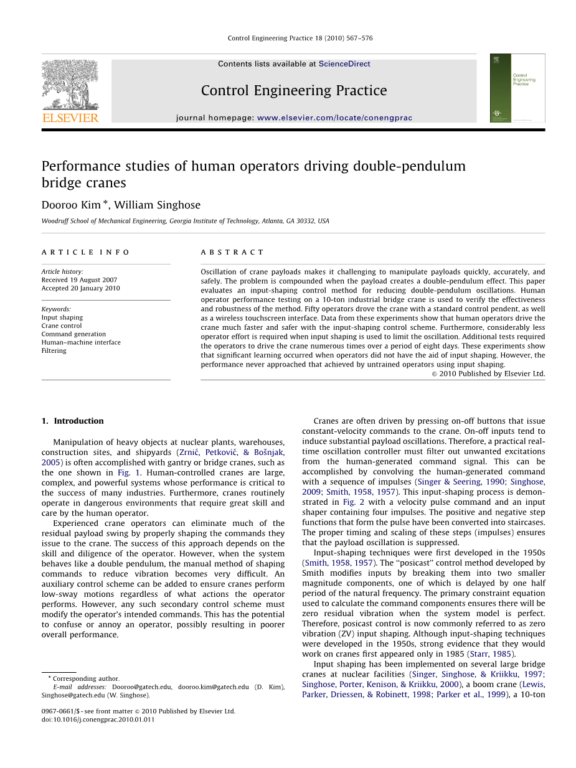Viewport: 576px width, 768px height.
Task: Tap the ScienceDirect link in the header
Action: point(344,64)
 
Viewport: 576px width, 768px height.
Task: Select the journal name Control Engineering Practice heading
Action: point(294,91)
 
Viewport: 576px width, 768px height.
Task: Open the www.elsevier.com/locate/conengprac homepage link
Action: point(334,118)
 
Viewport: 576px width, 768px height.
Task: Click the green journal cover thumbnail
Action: point(517,88)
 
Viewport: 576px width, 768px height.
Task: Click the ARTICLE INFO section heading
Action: point(86,252)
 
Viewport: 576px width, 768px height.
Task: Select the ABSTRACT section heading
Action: point(232,252)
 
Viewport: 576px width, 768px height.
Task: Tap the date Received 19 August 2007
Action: point(79,280)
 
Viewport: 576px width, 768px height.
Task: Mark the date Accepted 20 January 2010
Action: point(81,288)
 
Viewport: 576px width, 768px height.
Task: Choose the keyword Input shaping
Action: point(62,317)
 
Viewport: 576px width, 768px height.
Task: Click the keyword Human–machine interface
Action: point(81,342)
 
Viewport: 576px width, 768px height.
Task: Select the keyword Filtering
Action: point(54,350)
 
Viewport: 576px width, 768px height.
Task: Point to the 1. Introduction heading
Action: point(73,421)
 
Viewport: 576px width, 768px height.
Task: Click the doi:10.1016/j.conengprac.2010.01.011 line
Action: point(98,719)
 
